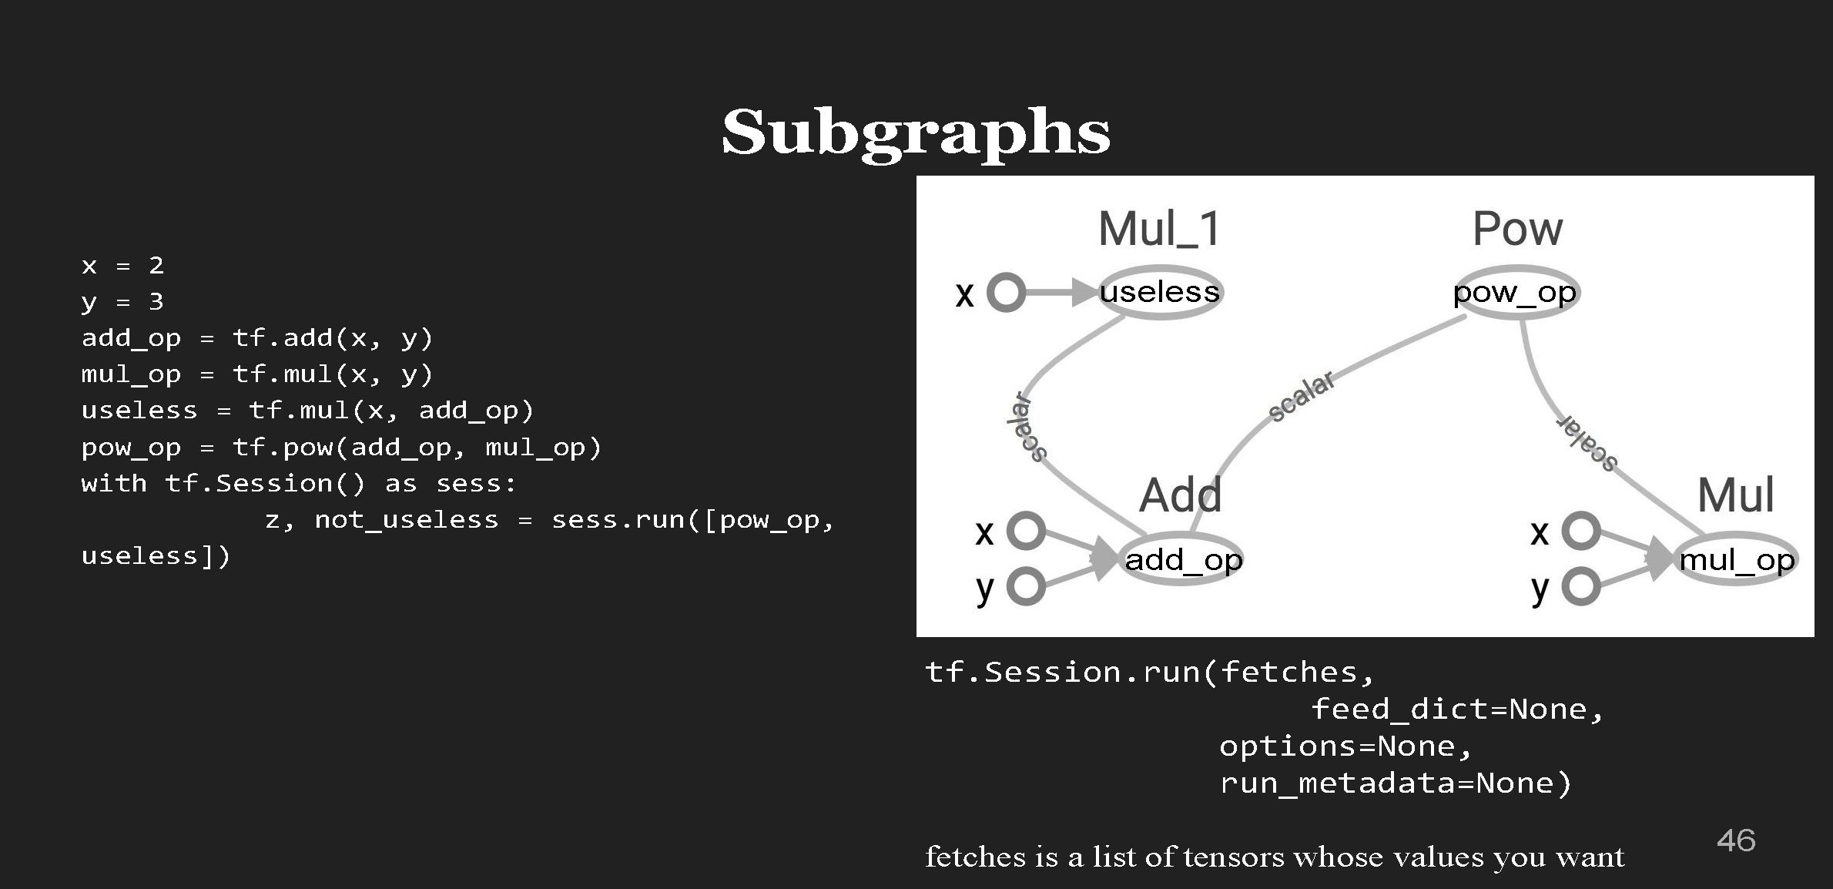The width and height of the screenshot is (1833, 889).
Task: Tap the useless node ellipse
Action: click(1160, 292)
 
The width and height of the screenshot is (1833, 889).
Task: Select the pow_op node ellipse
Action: click(1516, 293)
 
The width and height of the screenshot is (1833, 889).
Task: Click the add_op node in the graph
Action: click(1184, 559)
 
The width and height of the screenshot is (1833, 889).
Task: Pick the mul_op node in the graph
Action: click(1737, 559)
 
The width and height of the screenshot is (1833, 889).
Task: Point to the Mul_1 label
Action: click(1160, 230)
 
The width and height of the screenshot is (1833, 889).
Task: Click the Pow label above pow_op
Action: click(1517, 230)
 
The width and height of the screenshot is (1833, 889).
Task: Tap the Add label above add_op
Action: click(1181, 495)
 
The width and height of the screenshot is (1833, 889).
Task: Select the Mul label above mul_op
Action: click(1736, 495)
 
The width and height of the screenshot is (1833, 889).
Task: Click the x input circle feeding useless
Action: click(1006, 293)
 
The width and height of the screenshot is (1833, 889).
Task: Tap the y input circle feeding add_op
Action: click(1026, 587)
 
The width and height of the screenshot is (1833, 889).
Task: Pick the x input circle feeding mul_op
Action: click(1581, 530)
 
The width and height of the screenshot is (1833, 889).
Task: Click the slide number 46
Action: click(1736, 840)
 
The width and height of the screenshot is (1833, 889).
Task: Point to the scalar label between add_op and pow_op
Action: click(1302, 397)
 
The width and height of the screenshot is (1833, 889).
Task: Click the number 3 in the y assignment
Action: click(156, 301)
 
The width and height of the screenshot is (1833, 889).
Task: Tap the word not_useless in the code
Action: click(407, 520)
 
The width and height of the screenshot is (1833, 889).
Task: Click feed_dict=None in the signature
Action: click(1448, 710)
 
